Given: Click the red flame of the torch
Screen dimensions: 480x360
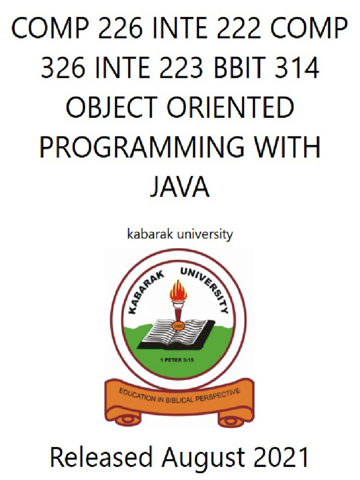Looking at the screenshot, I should point(178,291).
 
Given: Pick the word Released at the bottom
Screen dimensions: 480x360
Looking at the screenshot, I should point(101,457).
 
